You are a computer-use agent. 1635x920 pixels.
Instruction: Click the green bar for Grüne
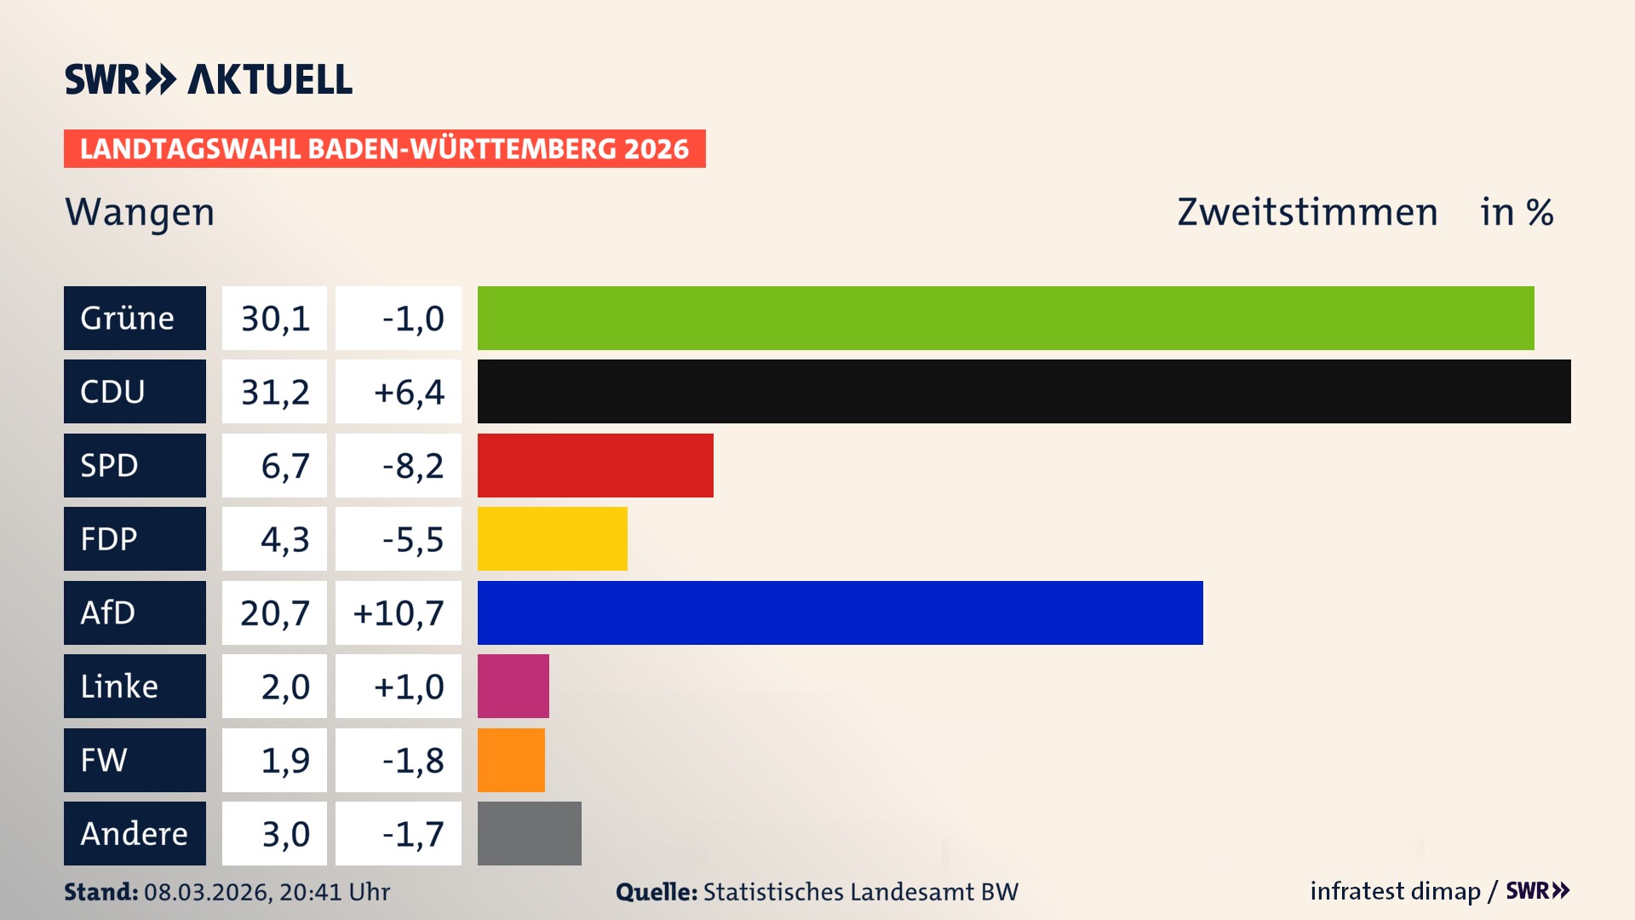(1005, 318)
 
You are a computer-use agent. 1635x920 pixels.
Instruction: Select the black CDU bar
(1024, 392)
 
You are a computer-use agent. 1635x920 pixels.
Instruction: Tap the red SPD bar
(595, 465)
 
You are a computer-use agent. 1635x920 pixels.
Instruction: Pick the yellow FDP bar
(552, 539)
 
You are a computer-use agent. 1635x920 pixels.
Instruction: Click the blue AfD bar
(840, 612)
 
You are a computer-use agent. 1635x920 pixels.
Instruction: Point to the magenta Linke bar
(513, 687)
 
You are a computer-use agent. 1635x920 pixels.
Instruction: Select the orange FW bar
(511, 760)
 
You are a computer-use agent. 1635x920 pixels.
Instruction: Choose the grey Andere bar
(529, 833)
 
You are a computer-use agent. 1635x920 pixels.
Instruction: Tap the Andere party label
(135, 833)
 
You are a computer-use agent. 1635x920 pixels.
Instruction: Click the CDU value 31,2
(274, 392)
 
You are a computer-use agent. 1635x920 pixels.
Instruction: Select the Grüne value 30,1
(274, 318)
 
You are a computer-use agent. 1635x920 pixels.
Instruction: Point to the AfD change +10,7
(399, 612)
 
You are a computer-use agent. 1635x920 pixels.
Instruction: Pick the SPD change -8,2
(412, 465)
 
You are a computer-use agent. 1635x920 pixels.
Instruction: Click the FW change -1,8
(412, 760)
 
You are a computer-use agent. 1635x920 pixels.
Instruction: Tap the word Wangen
(140, 212)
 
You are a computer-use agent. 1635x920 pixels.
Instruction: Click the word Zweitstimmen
(1307, 212)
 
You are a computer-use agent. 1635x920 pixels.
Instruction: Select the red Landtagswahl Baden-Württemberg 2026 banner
(384, 148)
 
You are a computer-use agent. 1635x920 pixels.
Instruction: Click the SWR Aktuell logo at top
(208, 79)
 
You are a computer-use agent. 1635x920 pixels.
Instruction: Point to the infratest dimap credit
(1395, 891)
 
